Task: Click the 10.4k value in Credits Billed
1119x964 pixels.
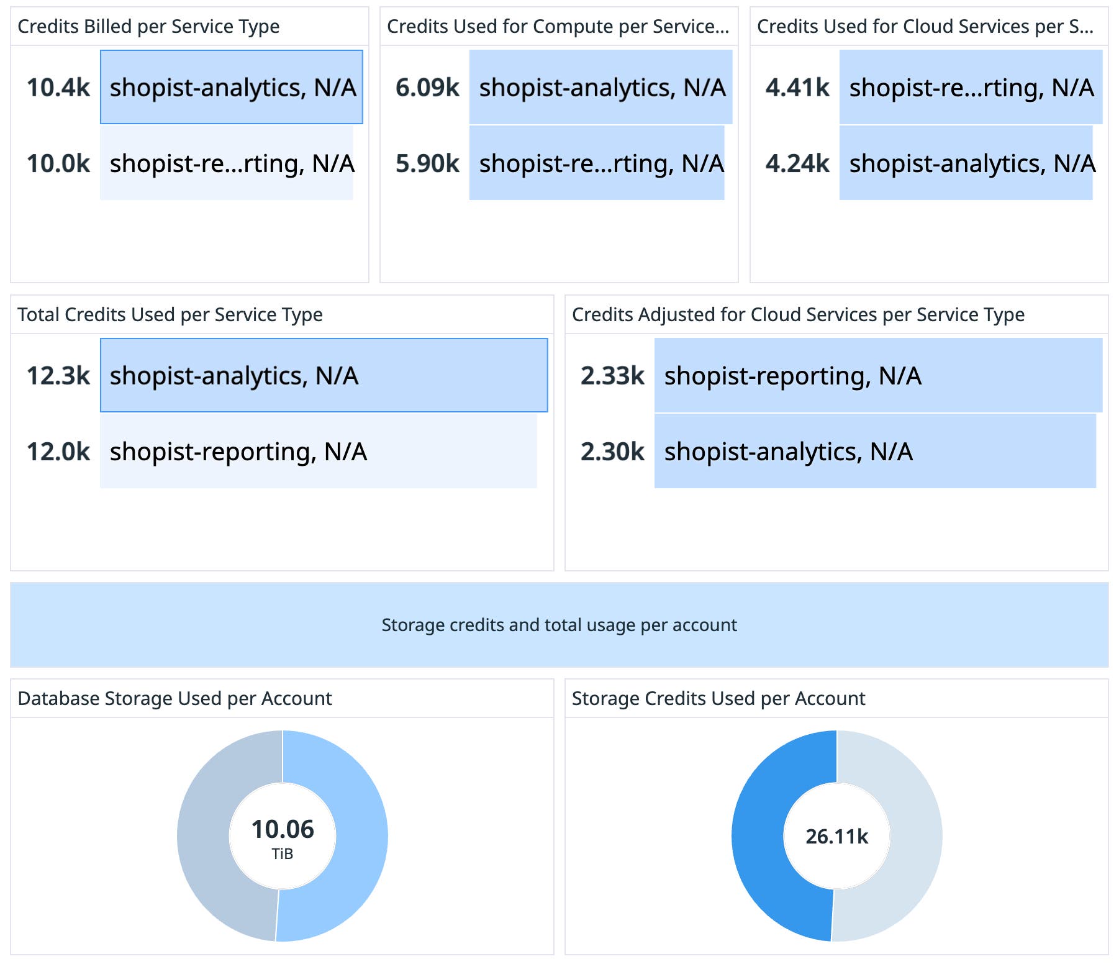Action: [58, 88]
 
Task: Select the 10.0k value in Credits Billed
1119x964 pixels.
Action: [58, 163]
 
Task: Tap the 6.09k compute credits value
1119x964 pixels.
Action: [427, 88]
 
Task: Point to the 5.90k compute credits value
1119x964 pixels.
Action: [427, 163]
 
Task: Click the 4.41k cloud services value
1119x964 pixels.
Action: [797, 88]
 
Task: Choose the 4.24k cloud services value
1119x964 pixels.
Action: [797, 163]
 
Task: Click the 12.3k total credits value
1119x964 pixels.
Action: [58, 376]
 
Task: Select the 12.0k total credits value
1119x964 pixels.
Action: [58, 452]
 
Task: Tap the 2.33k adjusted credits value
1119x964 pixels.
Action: [612, 376]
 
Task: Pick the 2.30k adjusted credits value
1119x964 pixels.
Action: [612, 452]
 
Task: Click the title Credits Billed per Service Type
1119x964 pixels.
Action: [148, 27]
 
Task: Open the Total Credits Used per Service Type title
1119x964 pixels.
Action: [170, 315]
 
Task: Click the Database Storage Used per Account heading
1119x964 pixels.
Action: [174, 699]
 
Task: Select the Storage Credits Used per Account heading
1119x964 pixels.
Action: [718, 699]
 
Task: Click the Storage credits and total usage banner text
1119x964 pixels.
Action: [559, 625]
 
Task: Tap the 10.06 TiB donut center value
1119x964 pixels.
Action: [283, 830]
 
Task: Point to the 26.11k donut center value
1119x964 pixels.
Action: [836, 837]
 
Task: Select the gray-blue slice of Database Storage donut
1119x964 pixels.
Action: [204, 836]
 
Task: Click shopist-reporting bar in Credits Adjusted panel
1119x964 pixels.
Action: [878, 376]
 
